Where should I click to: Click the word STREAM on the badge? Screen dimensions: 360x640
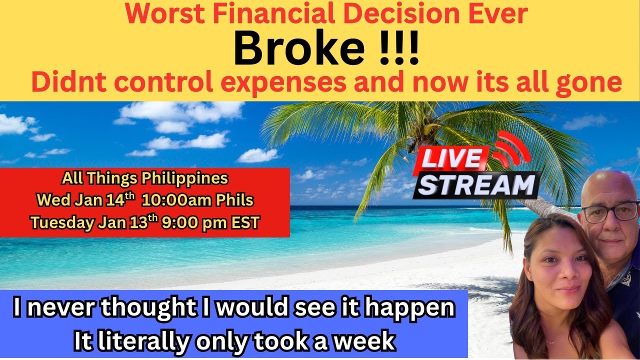(x=476, y=184)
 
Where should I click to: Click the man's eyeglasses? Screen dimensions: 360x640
(x=609, y=212)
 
